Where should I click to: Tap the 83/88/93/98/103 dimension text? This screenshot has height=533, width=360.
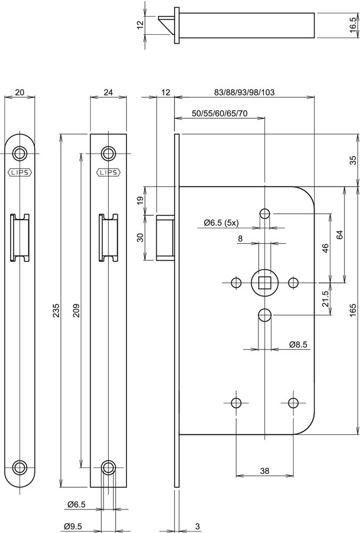(x=244, y=92)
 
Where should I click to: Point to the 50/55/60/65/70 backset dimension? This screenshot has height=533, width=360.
(x=220, y=114)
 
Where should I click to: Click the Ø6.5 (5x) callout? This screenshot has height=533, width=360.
(x=223, y=222)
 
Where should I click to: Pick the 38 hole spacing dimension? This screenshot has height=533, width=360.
(x=264, y=470)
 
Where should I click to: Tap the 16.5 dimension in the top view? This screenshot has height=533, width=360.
(x=353, y=25)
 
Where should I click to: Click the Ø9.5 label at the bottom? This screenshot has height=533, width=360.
(x=71, y=526)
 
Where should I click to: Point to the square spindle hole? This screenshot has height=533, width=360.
(x=264, y=282)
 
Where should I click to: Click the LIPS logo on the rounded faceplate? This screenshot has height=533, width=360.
(x=20, y=172)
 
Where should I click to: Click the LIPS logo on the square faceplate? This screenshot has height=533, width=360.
(x=108, y=172)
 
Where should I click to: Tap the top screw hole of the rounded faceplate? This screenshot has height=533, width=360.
(x=20, y=154)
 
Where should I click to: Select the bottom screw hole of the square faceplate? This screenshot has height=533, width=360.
(x=108, y=467)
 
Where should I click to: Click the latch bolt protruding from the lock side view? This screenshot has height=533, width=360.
(x=165, y=237)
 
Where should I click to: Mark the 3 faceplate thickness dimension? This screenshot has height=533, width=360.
(x=197, y=526)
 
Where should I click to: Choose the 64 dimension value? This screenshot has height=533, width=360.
(x=339, y=235)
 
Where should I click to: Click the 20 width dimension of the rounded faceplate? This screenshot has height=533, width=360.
(x=20, y=92)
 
